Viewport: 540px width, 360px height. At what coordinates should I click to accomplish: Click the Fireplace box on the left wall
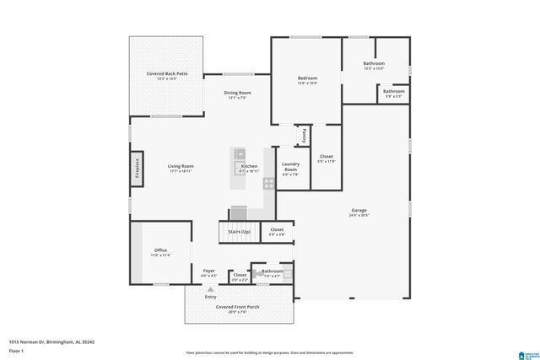point(135,169)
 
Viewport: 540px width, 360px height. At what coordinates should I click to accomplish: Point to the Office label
point(160,250)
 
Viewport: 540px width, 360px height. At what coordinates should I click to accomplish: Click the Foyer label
point(208,271)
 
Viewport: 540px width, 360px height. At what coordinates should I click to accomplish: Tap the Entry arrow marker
point(211,289)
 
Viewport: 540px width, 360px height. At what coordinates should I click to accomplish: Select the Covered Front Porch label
point(236,307)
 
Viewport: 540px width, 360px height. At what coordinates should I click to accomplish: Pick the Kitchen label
point(250,167)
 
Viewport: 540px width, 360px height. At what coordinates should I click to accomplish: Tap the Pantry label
point(300,134)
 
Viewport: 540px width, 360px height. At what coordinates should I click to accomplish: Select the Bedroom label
point(306,78)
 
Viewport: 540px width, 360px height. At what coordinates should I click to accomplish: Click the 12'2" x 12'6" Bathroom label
point(374,64)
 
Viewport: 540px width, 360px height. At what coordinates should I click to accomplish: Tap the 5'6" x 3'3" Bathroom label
point(394,93)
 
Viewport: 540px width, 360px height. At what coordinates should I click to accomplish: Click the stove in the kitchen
point(268,183)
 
